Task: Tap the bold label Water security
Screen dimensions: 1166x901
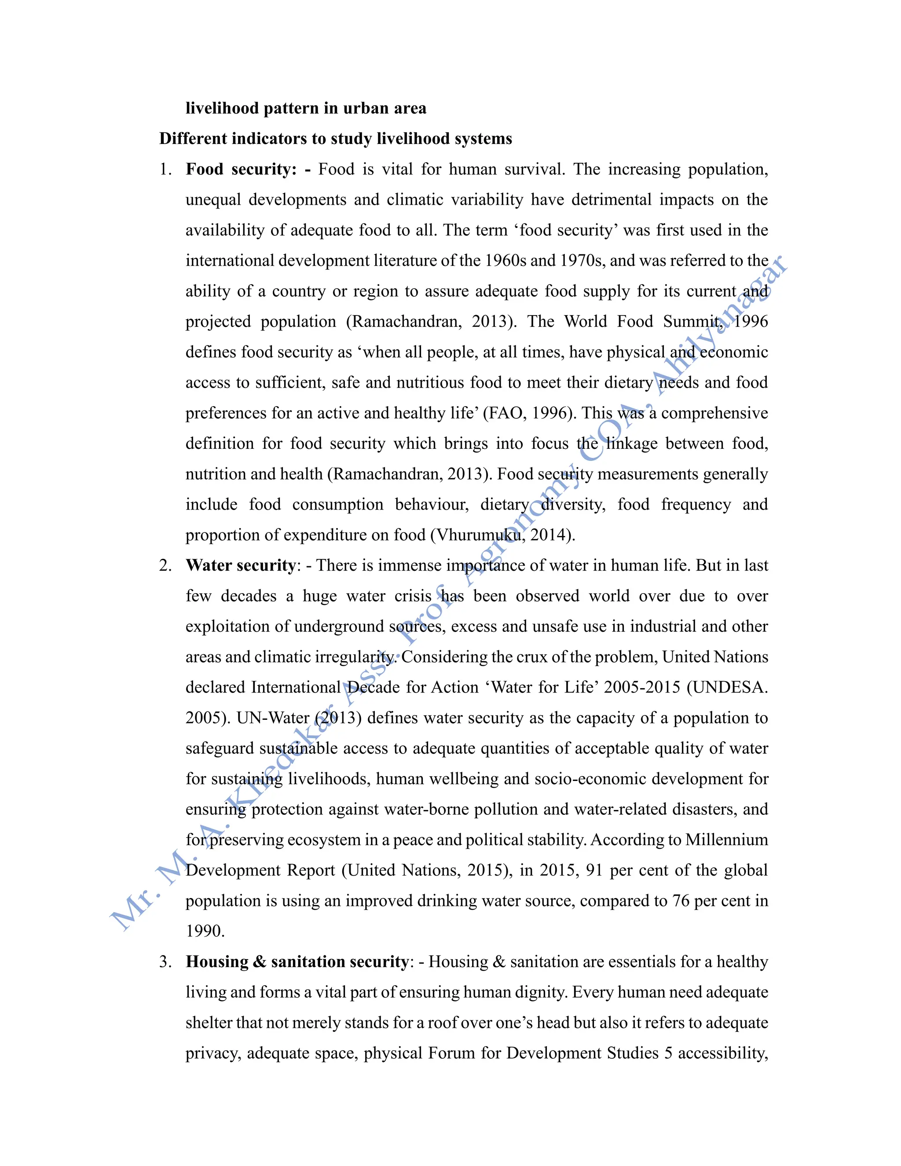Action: click(x=241, y=565)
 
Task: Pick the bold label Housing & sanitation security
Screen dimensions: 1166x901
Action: click(x=297, y=961)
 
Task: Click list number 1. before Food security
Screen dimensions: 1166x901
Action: click(x=165, y=170)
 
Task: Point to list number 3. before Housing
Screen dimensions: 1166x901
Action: click(x=165, y=962)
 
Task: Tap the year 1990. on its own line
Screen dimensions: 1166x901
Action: click(x=205, y=931)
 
